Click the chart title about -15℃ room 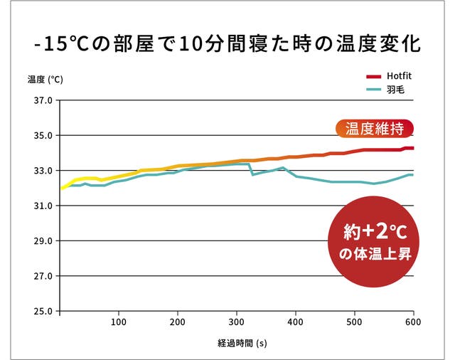(227, 44)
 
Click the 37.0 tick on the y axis (43, 100)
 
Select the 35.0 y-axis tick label (43, 135)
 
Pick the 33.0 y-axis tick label (43, 171)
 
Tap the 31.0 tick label (43, 206)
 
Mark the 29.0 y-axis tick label (43, 240)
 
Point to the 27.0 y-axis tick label (43, 276)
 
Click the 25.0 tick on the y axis (43, 311)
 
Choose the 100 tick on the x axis (119, 321)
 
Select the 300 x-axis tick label (237, 321)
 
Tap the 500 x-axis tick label (354, 321)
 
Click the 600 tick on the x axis (413, 321)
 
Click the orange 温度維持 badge (374, 129)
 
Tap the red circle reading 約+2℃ (375, 243)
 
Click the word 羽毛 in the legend (395, 90)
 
